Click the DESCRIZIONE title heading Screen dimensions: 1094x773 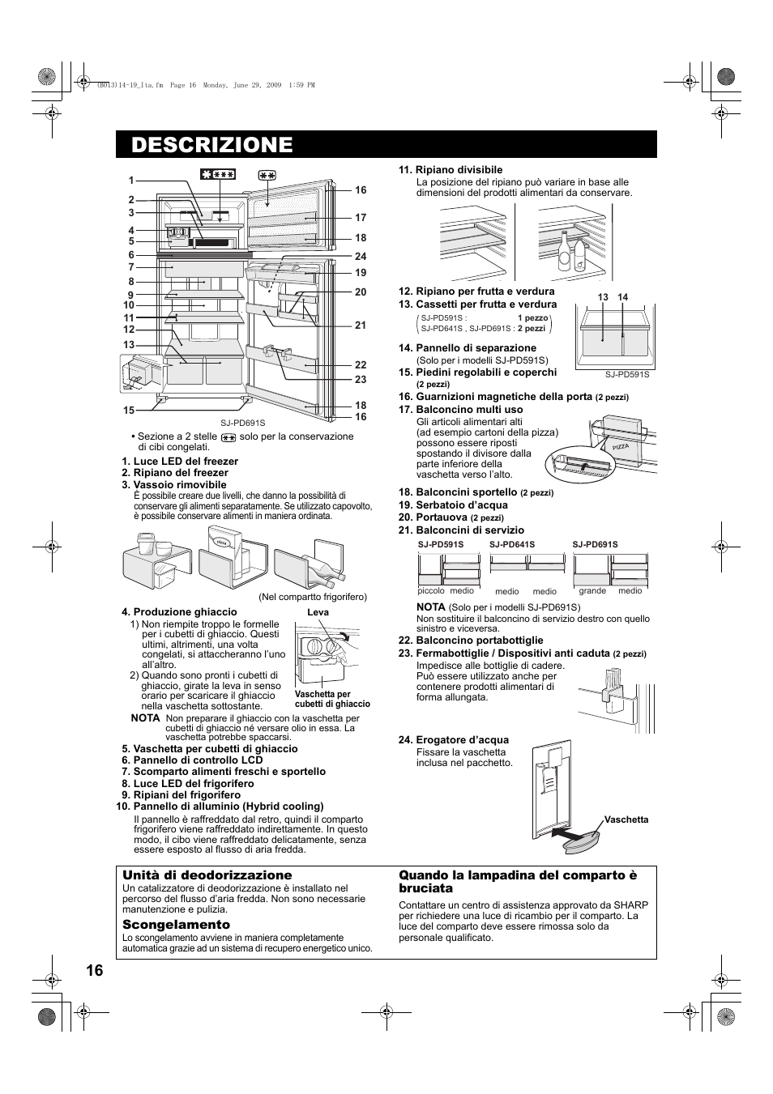point(211,145)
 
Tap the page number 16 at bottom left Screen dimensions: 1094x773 point(94,971)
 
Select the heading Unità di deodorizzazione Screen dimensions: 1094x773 point(207,875)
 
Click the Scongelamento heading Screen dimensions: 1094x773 point(176,925)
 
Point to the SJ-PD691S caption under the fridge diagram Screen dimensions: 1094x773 point(243,423)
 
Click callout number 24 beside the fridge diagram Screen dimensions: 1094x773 point(361,257)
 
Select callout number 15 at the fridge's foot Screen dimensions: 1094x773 point(129,411)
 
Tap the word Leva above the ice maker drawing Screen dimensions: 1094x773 point(318,612)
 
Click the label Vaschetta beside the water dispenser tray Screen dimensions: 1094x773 point(626,819)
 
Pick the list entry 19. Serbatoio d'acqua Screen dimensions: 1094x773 point(461,504)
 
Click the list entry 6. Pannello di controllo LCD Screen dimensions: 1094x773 point(192,760)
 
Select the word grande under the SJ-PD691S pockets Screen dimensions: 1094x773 point(592,591)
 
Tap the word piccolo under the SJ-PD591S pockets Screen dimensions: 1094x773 point(431,591)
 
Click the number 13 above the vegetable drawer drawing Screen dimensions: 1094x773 point(603,298)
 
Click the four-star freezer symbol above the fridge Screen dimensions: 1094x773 point(218,174)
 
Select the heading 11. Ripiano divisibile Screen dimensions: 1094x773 point(450,170)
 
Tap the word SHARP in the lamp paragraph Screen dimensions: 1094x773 point(631,905)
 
